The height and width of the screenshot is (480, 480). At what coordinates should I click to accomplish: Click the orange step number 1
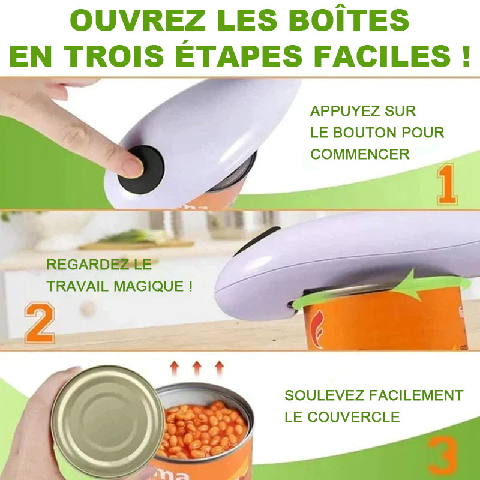coord(447,184)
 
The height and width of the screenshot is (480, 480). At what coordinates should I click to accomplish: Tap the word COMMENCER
coord(360,154)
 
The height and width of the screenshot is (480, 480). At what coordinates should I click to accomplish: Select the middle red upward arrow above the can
coord(196,367)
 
